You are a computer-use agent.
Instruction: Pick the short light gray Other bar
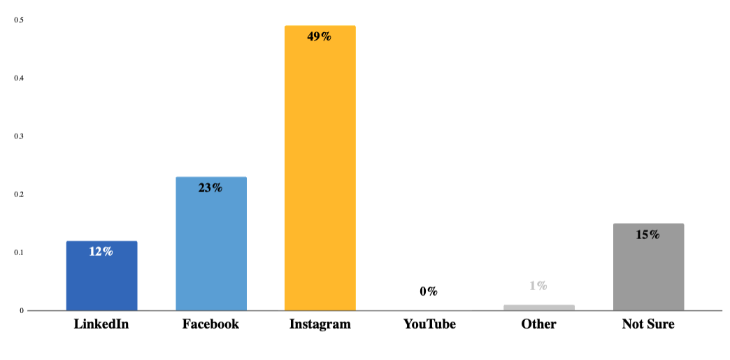538,308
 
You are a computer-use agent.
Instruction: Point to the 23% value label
210,187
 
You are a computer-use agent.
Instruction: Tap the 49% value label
320,36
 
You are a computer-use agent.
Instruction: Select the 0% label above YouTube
429,291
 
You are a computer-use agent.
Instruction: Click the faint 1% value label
538,285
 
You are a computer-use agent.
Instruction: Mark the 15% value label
648,235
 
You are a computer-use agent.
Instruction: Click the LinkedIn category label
101,324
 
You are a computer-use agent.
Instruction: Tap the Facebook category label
210,324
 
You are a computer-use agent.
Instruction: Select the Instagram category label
320,324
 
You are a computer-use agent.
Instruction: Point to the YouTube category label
429,324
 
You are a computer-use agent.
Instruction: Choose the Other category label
538,324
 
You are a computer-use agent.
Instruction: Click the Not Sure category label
648,324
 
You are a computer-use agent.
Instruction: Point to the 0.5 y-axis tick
19,20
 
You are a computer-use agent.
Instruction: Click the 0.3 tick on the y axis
19,136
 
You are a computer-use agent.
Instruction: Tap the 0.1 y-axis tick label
19,252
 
